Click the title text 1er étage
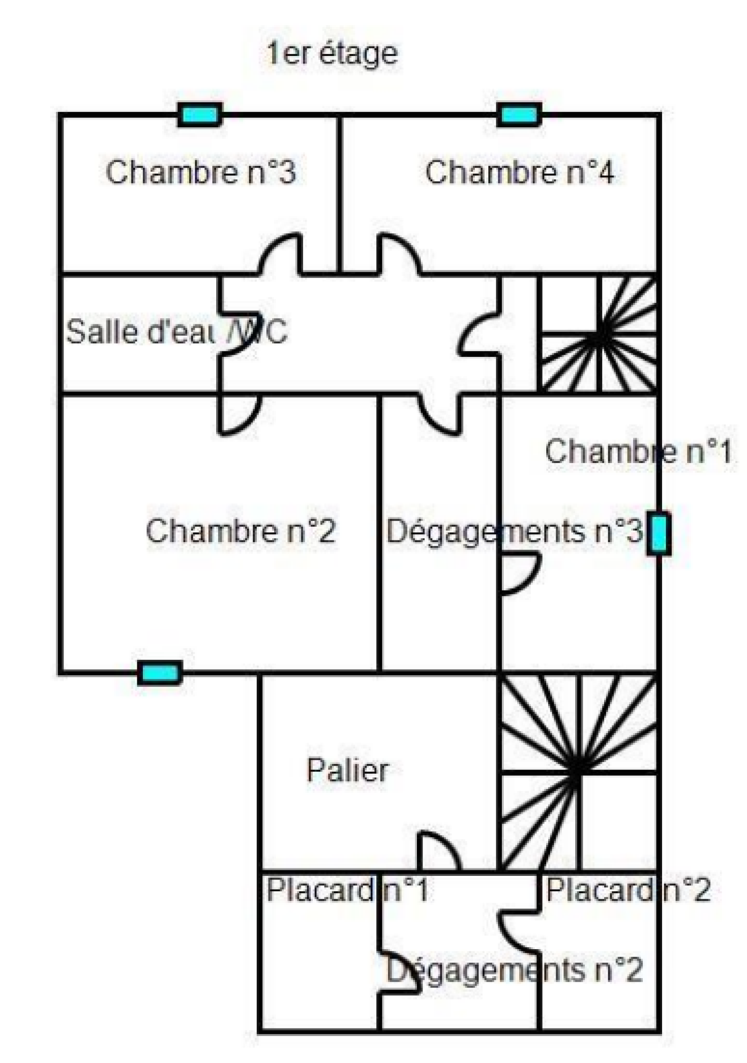click(331, 54)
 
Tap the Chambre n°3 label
click(201, 172)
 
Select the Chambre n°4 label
click(519, 172)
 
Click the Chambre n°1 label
click(638, 452)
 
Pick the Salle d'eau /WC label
click(176, 332)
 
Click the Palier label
click(347, 770)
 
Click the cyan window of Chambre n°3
click(200, 115)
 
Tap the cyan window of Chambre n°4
click(519, 115)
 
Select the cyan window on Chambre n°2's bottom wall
click(160, 673)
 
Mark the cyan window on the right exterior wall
click(659, 534)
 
